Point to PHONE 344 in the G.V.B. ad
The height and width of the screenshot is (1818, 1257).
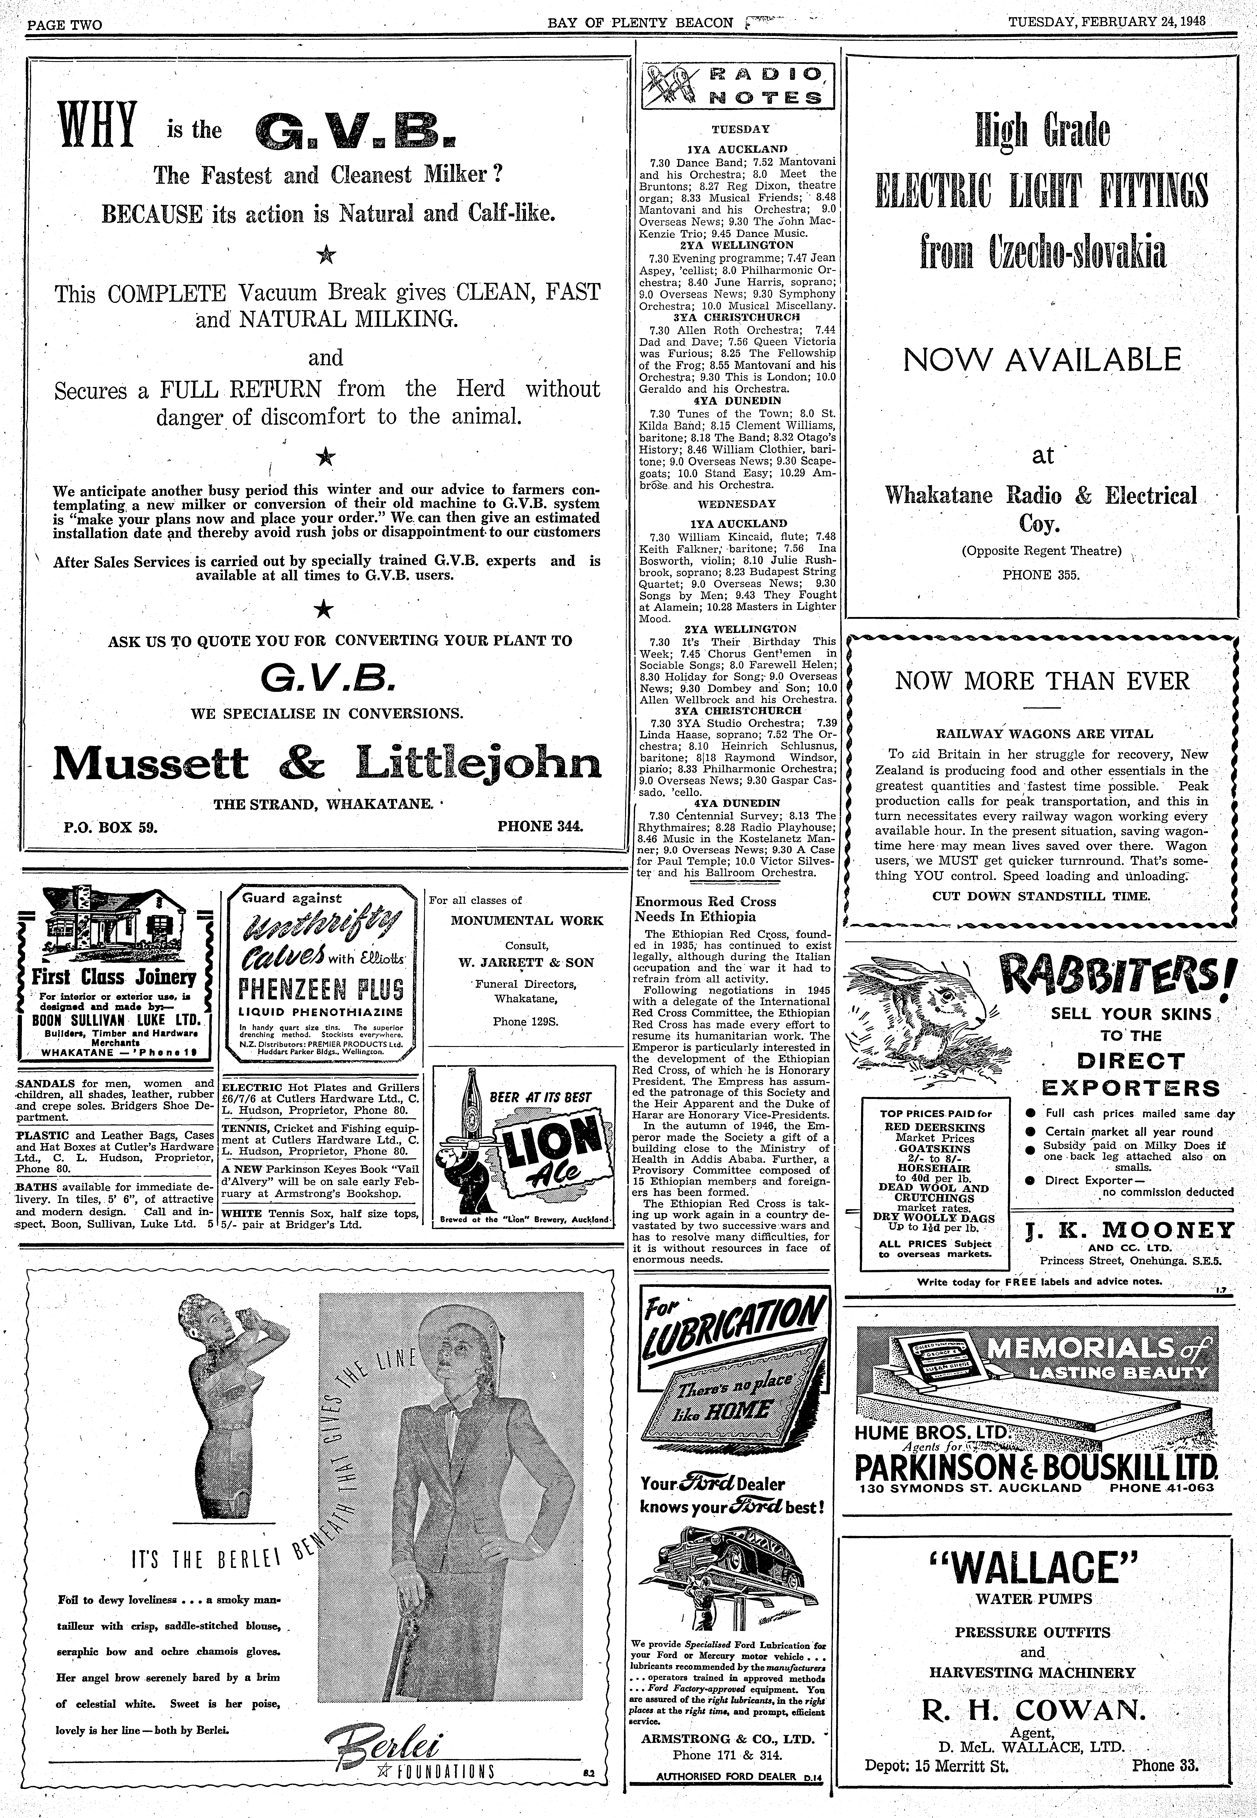coord(540,827)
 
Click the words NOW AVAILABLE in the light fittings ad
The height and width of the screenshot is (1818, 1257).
coord(1042,360)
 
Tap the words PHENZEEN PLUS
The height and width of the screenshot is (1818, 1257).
coord(321,988)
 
